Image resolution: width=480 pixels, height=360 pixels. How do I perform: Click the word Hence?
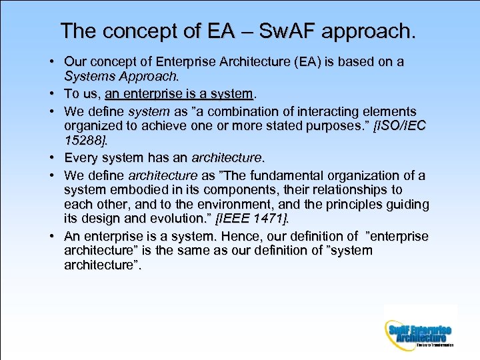coord(237,236)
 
